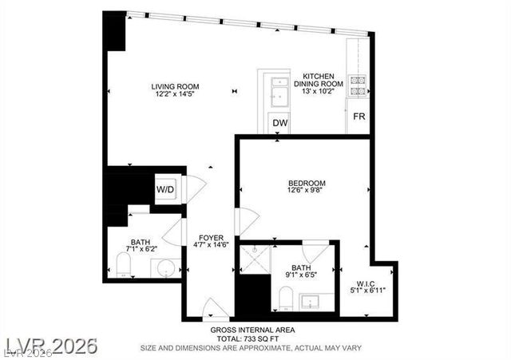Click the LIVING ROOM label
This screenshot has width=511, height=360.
pos(176,86)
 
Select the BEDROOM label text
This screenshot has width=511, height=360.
pos(307,183)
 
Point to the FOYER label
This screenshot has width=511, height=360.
pos(211,238)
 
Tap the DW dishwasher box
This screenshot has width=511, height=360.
pos(279,123)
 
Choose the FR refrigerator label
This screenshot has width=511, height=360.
pos(359,117)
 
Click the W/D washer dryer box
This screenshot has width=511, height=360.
pos(165,190)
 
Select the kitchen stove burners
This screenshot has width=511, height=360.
pos(356,86)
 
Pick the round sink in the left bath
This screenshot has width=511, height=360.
pos(164,268)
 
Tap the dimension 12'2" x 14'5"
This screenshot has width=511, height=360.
pos(176,94)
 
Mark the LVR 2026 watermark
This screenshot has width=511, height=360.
pos(50,346)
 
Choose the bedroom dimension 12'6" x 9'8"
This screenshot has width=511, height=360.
pos(307,192)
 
